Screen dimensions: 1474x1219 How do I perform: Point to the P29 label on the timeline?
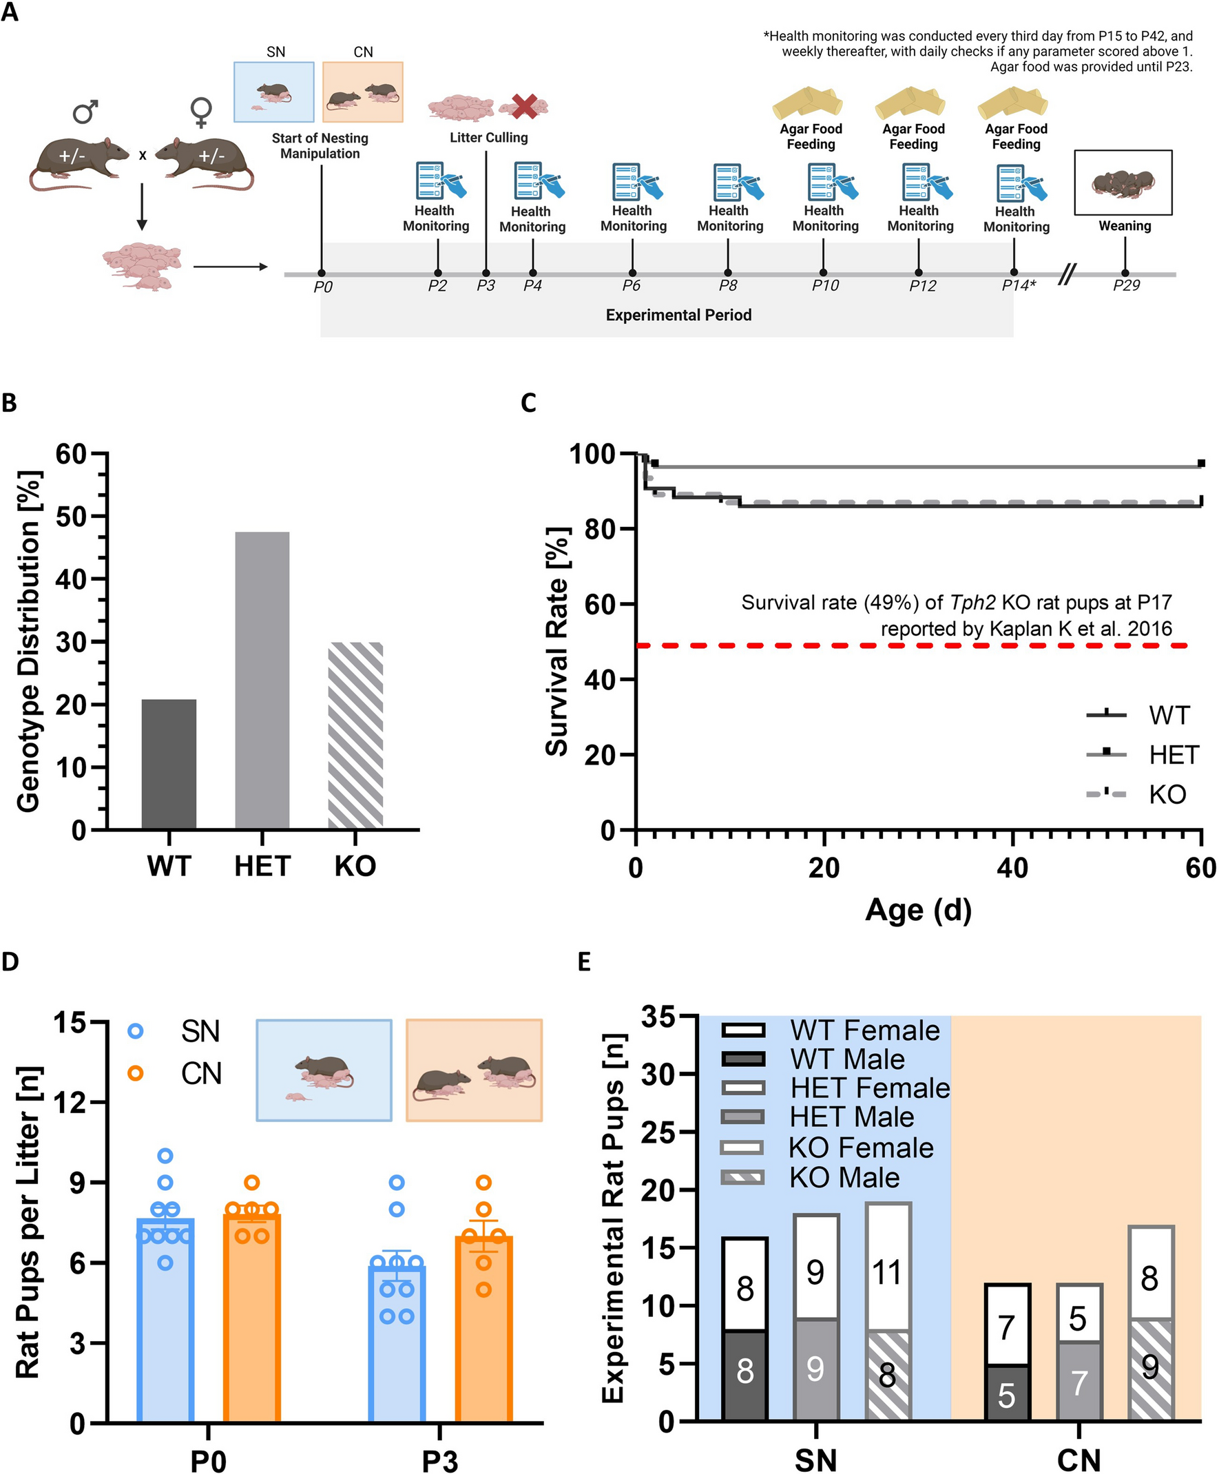coord(1125,286)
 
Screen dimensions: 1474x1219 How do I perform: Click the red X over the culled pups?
coord(524,106)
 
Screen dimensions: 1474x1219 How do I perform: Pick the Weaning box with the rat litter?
coord(1123,183)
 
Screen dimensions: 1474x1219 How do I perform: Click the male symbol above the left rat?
coord(85,112)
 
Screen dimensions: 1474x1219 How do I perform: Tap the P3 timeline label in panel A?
coord(486,286)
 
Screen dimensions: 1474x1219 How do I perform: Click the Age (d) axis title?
coord(918,911)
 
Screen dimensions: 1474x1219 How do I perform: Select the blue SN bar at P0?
coord(165,1320)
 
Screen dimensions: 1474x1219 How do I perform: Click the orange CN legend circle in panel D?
coord(136,1073)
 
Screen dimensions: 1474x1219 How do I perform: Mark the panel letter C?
coord(528,403)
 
